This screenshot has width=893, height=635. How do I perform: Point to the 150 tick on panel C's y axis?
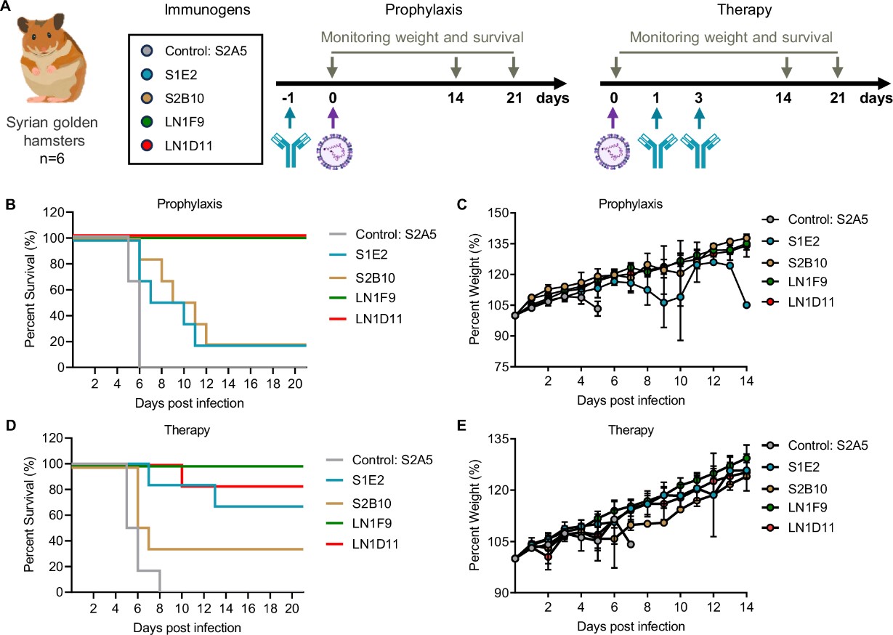pos(499,214)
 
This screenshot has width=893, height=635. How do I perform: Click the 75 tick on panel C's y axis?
pos(502,367)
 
